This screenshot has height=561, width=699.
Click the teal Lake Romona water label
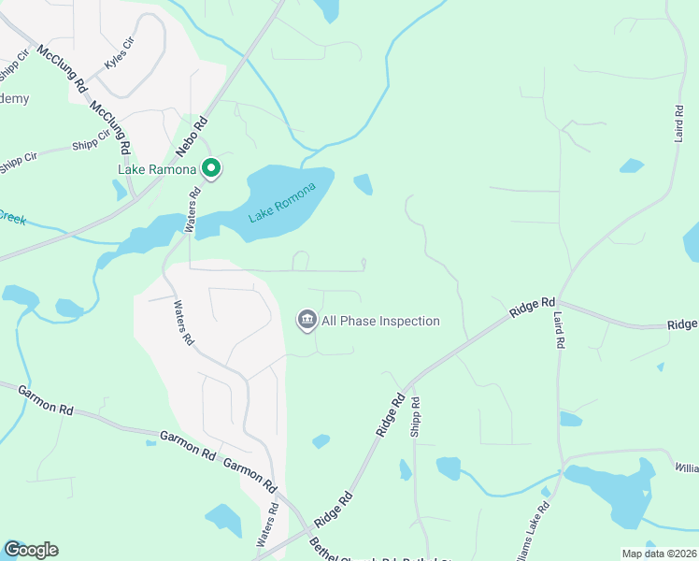[282, 201]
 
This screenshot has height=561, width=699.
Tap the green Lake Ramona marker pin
[211, 168]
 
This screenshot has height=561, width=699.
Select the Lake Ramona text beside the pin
[156, 169]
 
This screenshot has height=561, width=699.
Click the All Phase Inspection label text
[380, 322]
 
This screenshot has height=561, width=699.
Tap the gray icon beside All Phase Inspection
[307, 322]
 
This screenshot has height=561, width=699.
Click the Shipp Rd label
[415, 416]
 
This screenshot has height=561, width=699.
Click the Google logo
[31, 550]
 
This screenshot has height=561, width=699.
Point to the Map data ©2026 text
[659, 554]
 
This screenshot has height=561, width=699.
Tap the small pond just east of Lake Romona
[364, 185]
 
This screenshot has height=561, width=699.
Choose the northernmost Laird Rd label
[679, 122]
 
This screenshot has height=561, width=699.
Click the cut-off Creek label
[12, 217]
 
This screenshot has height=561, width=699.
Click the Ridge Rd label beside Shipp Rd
[391, 415]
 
